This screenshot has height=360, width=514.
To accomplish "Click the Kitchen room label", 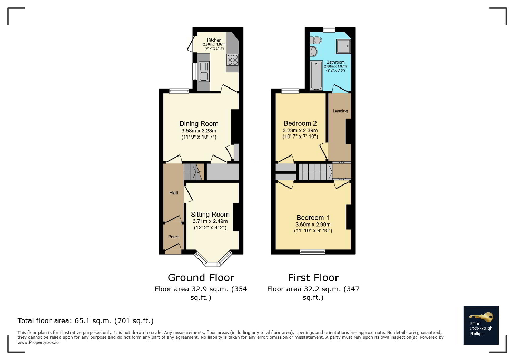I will [214, 40].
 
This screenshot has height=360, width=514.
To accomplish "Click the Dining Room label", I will [199, 124].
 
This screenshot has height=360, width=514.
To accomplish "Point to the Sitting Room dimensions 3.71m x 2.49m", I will [210, 221].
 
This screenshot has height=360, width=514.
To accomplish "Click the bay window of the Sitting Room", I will [213, 259].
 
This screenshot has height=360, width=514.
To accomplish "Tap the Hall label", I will [173, 193].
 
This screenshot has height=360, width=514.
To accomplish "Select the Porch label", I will [173, 237].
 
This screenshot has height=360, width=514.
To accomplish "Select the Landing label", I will [340, 111].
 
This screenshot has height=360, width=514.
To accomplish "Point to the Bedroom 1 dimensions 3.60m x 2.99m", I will [313, 225].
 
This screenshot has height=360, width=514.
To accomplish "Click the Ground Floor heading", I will [201, 277].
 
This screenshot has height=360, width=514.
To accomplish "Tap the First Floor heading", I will [313, 277].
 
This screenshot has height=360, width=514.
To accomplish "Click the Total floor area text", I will [85, 320].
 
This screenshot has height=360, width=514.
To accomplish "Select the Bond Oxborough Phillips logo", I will [481, 325].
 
